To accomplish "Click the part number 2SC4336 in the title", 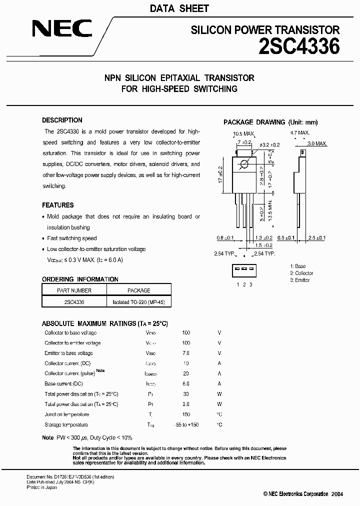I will coord(299,46).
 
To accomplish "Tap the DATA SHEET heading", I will coord(179,8).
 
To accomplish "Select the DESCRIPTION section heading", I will coord(62,120).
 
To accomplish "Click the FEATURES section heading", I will coord(57,205).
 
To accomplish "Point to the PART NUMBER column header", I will coord(74,290).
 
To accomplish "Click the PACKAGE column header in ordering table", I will coord(138,290).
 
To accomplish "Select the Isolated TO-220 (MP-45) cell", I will coord(138,302).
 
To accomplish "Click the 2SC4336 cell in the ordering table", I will coord(74,302).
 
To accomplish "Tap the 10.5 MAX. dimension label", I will coord(244,133).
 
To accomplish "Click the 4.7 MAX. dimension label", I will coord(300,133).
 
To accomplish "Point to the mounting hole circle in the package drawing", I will coord(244,164).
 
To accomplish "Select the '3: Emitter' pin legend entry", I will coord(300,280).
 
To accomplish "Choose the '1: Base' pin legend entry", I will coord(298,266).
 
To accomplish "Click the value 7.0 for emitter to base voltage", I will coord(186,353).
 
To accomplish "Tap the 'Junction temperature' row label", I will coord(67,414).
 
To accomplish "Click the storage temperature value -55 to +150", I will coord(186,425).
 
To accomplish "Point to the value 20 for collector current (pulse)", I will coord(186,373).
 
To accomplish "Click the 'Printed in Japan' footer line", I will coord(41,487).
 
